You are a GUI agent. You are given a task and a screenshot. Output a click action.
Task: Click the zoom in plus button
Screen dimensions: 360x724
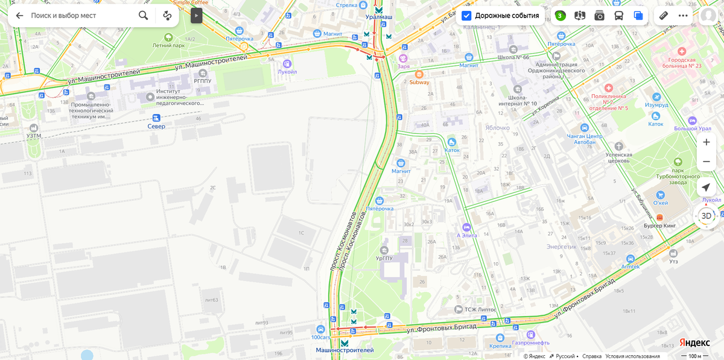(x=706, y=142)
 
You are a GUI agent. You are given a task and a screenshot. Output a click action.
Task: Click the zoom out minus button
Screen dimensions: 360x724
(x=706, y=162)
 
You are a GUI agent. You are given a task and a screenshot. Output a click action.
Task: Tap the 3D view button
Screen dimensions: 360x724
(x=706, y=216)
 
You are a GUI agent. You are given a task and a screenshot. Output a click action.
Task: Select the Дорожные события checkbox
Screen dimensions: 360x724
(x=466, y=16)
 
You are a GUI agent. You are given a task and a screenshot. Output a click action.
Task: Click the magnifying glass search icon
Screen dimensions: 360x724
(x=143, y=16)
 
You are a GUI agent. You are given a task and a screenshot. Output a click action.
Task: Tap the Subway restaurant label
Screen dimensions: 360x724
(x=419, y=82)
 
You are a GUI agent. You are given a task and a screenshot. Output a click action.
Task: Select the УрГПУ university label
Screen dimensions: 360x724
(x=384, y=257)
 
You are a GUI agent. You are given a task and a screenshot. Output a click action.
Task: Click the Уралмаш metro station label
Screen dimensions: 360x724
(x=378, y=17)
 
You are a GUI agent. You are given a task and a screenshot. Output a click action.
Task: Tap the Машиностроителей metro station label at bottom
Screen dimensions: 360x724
(x=345, y=350)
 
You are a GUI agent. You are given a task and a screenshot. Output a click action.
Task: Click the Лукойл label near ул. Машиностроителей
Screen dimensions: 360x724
(x=287, y=71)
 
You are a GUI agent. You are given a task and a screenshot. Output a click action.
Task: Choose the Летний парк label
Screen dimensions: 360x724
(x=168, y=45)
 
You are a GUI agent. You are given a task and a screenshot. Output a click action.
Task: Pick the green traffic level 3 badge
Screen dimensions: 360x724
(x=560, y=16)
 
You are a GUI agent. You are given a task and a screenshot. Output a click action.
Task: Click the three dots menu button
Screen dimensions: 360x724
(x=683, y=16)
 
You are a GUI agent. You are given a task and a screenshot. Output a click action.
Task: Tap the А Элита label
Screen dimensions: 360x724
(x=466, y=235)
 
